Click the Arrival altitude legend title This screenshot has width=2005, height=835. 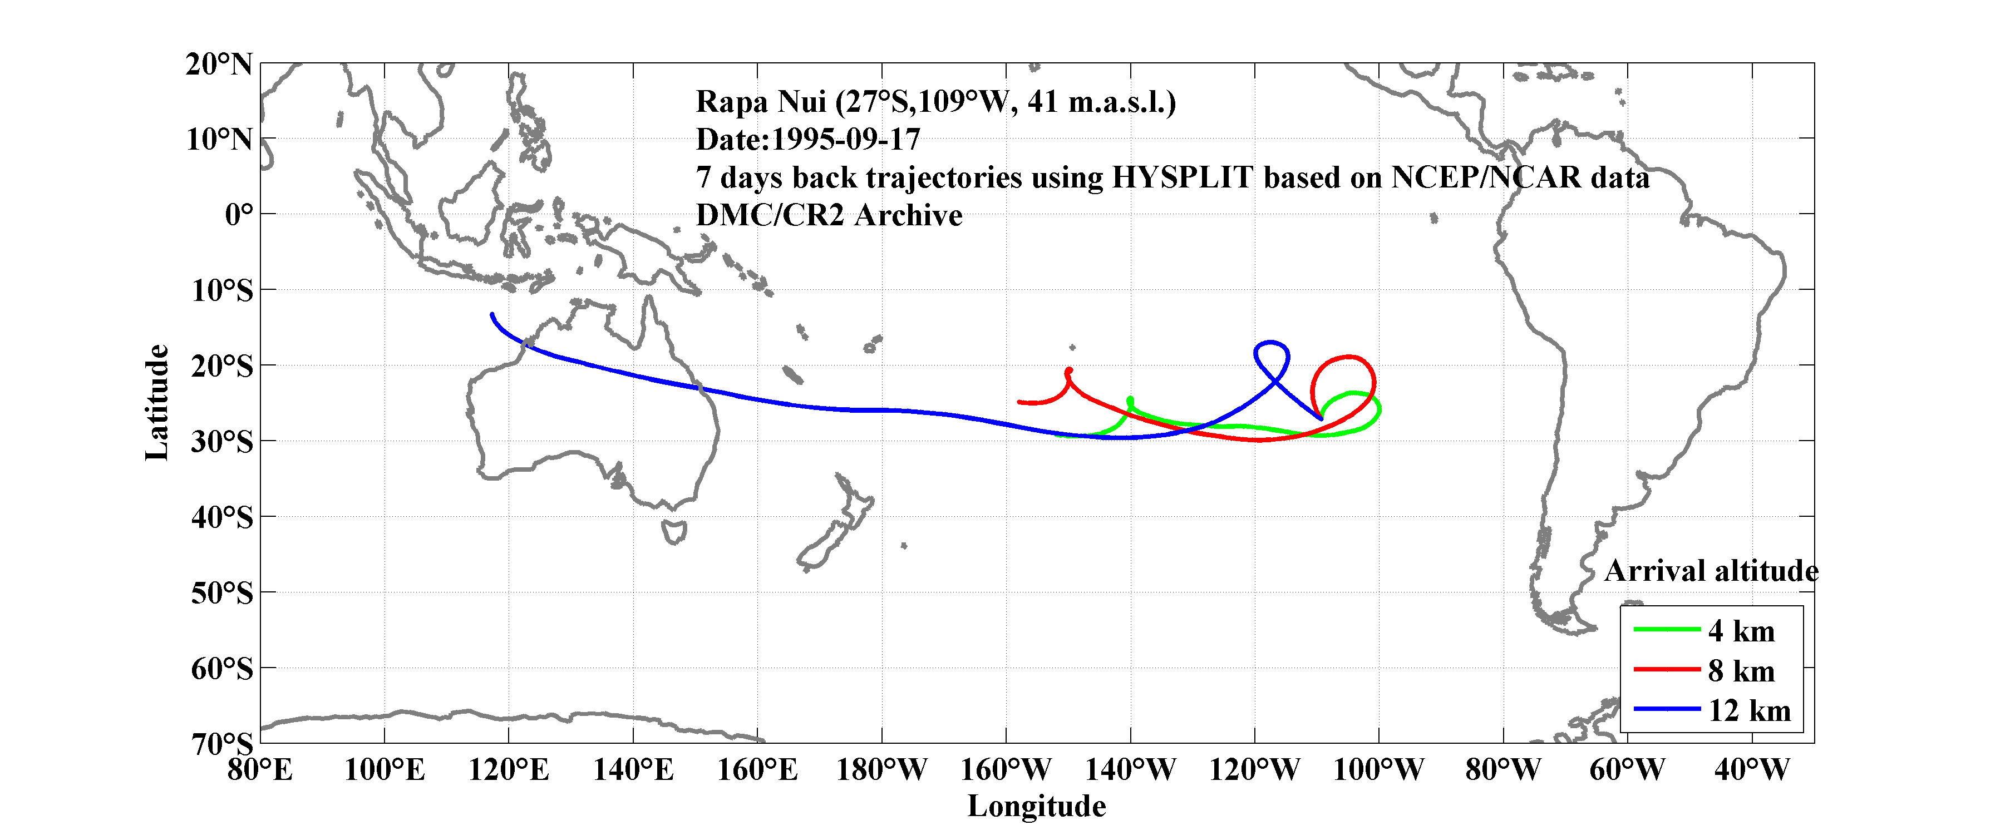coord(1711,571)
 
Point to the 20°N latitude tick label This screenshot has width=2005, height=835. coord(219,64)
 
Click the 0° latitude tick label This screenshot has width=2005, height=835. coord(239,214)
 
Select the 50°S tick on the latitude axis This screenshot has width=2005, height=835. coord(223,593)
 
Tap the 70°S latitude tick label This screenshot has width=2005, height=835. coord(223,744)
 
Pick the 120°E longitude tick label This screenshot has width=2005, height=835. coord(508,770)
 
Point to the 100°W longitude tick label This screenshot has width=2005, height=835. coord(1378,770)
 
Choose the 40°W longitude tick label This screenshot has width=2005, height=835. coord(1751,770)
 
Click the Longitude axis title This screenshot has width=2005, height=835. coord(1036,806)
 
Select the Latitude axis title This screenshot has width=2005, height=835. coord(157,402)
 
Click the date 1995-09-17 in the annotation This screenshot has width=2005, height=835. coord(845,140)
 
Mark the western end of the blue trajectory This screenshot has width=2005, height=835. coord(492,314)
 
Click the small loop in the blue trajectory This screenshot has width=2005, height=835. coord(1271,357)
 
